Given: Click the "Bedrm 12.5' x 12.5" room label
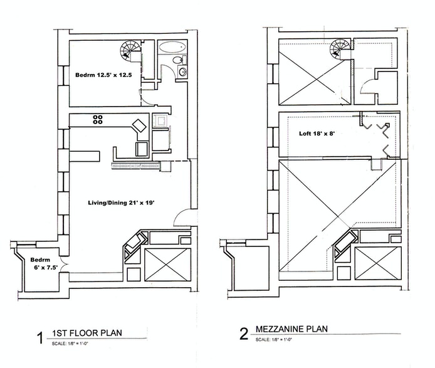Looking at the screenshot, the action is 100,75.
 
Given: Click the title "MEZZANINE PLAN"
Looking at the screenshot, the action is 294,330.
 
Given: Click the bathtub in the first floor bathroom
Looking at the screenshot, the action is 169,48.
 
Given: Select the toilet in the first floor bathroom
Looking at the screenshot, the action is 179,60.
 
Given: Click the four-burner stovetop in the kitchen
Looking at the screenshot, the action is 98,119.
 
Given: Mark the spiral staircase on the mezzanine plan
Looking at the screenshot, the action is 342,49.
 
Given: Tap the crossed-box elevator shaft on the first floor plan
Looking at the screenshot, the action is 166,261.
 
